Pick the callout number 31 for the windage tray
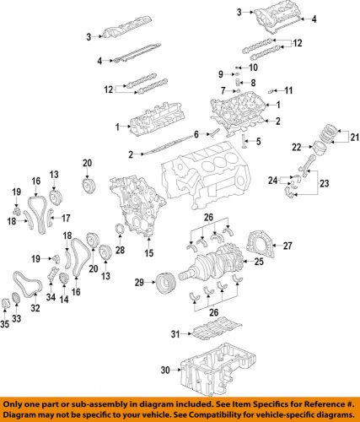[175, 335]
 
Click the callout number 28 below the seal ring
[120, 251]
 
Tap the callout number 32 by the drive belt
[36, 309]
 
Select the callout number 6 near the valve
[196, 133]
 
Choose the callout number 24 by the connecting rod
[271, 180]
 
